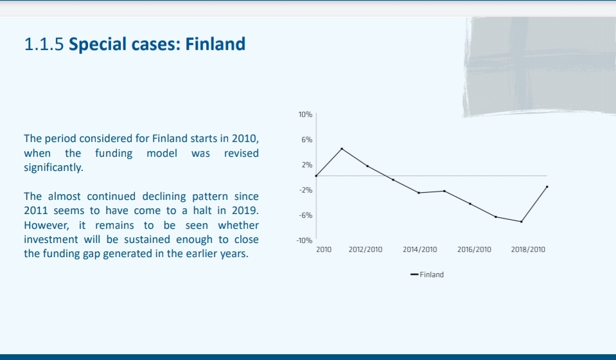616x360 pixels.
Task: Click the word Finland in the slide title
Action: (x=215, y=44)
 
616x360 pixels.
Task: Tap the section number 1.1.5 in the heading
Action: (x=44, y=44)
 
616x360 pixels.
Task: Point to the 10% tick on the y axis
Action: (x=305, y=114)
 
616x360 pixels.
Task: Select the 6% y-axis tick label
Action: (x=307, y=139)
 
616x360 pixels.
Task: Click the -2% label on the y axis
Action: (x=306, y=190)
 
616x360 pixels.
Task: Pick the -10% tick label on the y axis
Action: (x=304, y=240)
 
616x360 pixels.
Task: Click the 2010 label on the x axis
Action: (x=324, y=249)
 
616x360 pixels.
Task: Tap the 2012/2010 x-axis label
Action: (x=365, y=249)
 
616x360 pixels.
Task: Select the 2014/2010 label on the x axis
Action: (x=420, y=249)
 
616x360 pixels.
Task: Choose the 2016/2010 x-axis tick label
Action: (x=474, y=249)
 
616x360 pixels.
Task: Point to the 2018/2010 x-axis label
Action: (x=528, y=249)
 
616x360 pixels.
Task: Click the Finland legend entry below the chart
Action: (x=427, y=274)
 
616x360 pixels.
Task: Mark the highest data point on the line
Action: (x=342, y=148)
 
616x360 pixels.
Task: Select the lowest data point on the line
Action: (x=522, y=222)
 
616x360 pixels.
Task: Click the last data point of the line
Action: (x=547, y=186)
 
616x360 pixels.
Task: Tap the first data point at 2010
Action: (x=316, y=175)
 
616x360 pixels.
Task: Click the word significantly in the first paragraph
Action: (x=53, y=167)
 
